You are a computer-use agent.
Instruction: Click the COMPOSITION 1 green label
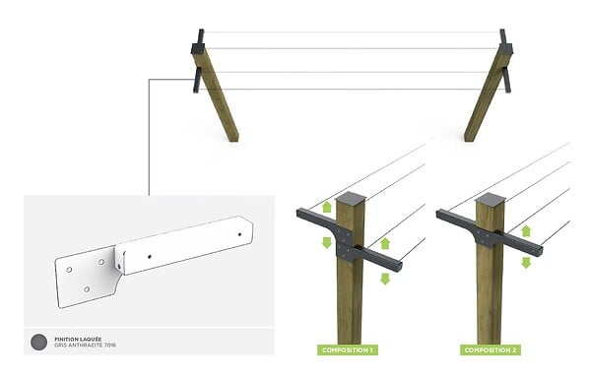[x=347, y=350]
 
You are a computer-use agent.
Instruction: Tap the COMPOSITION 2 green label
[x=491, y=350]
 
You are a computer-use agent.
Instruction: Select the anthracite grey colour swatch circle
[x=38, y=342]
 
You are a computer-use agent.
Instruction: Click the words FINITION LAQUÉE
[x=78, y=339]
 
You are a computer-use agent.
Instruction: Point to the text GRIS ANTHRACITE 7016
[x=85, y=346]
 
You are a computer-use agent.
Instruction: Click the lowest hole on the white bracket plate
[x=87, y=289]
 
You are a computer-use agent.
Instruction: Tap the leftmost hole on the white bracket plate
[x=69, y=270]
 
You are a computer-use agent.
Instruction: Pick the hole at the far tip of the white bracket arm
[x=239, y=234]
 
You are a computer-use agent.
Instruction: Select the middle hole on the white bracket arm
[x=150, y=257]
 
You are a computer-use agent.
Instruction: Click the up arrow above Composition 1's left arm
[x=327, y=207]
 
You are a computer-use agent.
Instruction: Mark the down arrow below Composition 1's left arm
[x=327, y=242]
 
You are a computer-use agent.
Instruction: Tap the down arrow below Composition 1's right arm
[x=385, y=279]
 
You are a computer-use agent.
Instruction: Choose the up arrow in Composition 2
[x=526, y=231]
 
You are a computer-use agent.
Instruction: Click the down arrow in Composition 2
[x=526, y=263]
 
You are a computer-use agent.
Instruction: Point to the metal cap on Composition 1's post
[x=350, y=199]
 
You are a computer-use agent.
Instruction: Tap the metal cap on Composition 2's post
[x=490, y=200]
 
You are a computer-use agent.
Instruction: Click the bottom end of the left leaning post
[x=234, y=140]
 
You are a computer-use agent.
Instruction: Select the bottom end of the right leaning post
[x=469, y=140]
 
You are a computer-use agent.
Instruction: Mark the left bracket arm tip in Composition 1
[x=298, y=214]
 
